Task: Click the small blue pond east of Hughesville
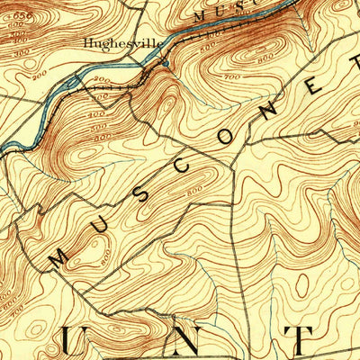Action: click(x=165, y=63)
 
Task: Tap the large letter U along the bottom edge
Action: click(x=76, y=343)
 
